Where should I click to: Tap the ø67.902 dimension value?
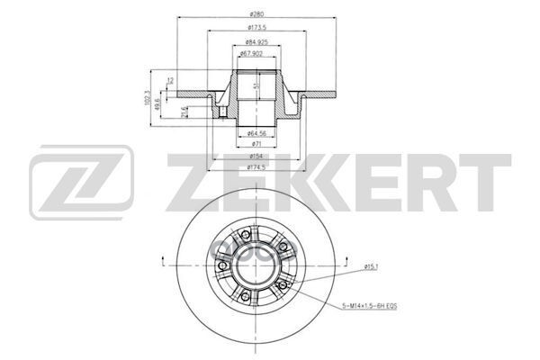257,54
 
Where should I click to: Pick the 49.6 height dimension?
160,103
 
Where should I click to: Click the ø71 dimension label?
258,144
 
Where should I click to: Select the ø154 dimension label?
258,156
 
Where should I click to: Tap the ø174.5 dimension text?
258,167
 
